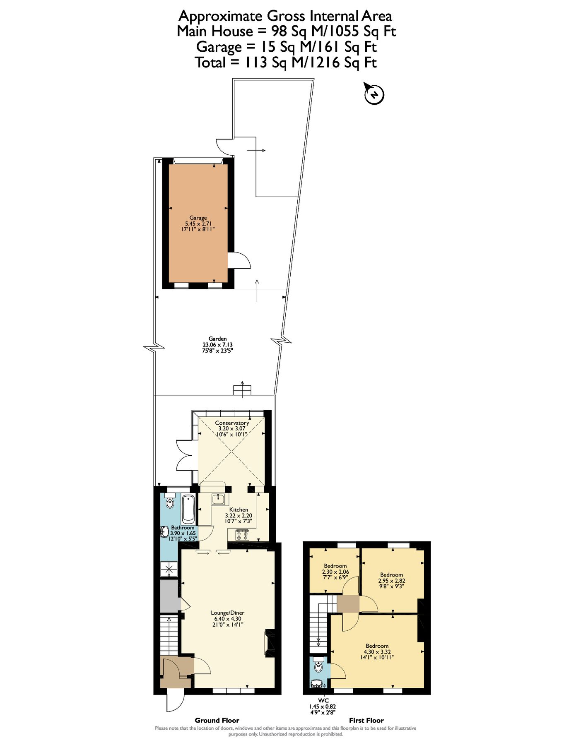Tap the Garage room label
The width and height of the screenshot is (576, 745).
pos(198,218)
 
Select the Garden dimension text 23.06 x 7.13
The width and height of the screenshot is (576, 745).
pos(217,344)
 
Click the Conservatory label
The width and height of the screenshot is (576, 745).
pos(232,423)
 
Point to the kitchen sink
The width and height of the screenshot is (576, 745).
pos(218,499)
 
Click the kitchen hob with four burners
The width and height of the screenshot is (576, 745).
pos(242,535)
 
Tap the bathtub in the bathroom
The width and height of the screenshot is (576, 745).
pos(188,508)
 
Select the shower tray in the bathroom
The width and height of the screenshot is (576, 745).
pos(169,569)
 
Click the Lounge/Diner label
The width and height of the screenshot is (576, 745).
pos(227,613)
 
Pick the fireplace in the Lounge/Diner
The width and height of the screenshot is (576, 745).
pos(269,643)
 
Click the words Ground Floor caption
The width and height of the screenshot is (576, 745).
pos(217,720)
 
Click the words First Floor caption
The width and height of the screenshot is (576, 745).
pos(366,720)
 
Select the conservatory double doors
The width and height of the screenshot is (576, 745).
pos(184,455)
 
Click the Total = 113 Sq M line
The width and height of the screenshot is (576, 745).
pos(286,62)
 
